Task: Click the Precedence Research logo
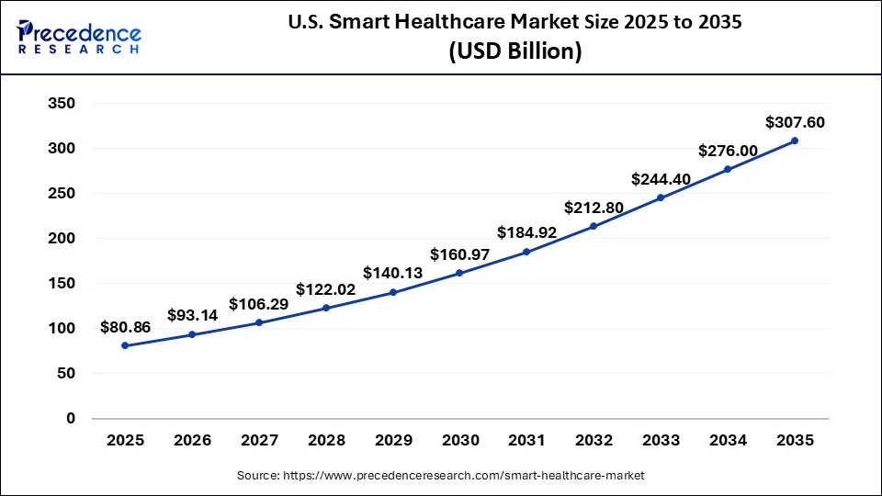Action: pos(79,36)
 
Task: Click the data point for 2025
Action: pos(125,345)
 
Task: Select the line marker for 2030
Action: pos(459,273)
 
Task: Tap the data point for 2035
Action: pos(795,141)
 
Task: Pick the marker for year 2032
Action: pos(594,226)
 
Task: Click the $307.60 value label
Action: pos(795,122)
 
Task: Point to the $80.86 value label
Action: pos(125,327)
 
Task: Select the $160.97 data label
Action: pos(460,254)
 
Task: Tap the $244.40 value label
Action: pos(661,179)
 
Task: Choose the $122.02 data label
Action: pos(326,289)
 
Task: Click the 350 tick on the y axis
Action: pos(61,104)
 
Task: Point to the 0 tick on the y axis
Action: pos(70,419)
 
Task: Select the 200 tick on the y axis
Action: pos(61,239)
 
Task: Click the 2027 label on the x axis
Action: pos(259,441)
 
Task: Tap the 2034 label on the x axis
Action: pos(728,441)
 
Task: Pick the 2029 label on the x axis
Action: pos(393,441)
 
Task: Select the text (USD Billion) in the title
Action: pos(514,52)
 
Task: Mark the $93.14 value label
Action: pos(193,315)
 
